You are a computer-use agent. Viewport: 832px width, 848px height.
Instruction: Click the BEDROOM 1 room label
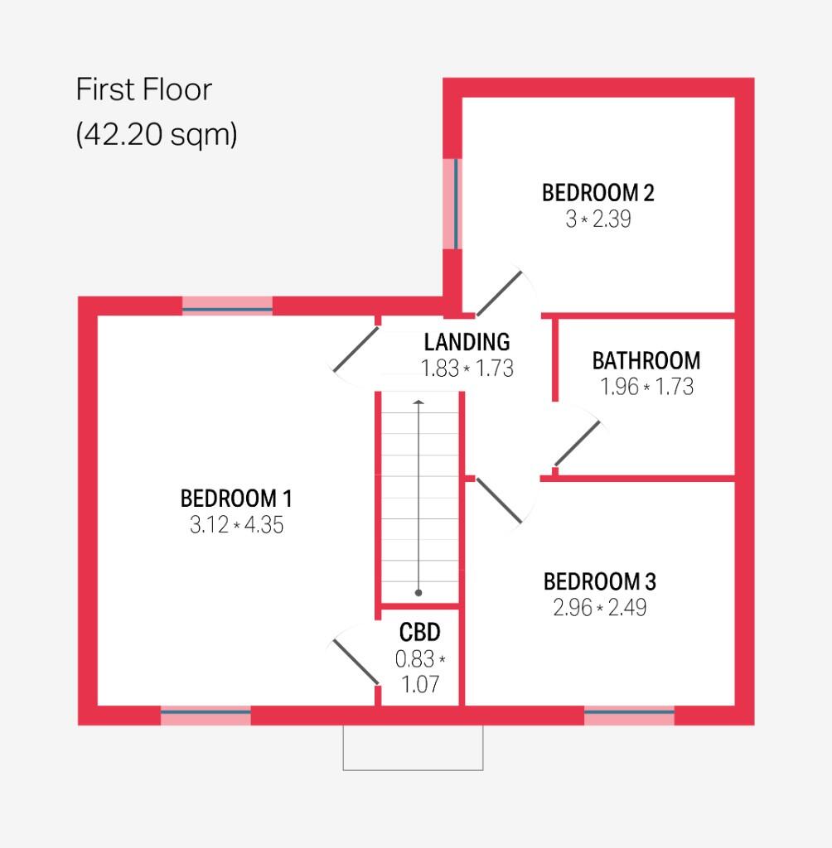[x=236, y=499]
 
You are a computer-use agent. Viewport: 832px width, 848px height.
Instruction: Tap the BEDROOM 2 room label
[x=597, y=193]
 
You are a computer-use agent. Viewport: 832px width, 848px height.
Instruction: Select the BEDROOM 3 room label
[x=599, y=581]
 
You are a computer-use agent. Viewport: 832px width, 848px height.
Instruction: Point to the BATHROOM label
[x=646, y=361]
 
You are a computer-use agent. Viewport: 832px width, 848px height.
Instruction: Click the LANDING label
[x=467, y=341]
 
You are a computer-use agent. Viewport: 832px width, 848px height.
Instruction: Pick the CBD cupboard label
[x=419, y=633]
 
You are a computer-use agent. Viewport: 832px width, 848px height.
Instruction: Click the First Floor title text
[x=144, y=89]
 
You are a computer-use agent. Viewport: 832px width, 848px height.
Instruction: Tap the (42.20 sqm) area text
[x=157, y=133]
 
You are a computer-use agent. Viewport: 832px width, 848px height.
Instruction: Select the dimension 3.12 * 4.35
[x=236, y=525]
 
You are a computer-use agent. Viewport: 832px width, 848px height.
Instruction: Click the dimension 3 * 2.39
[x=597, y=219]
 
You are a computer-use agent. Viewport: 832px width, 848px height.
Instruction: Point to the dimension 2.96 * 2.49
[x=599, y=608]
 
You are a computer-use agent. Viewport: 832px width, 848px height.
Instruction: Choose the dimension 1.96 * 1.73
[x=646, y=387]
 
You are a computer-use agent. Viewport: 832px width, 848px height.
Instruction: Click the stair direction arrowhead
[x=418, y=403]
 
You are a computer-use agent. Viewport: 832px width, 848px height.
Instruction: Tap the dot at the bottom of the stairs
[x=418, y=593]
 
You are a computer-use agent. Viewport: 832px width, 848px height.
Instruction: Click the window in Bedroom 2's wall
[x=452, y=203]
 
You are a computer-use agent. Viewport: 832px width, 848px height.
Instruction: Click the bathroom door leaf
[x=578, y=443]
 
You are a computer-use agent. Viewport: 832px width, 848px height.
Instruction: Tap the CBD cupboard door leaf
[x=355, y=661]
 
